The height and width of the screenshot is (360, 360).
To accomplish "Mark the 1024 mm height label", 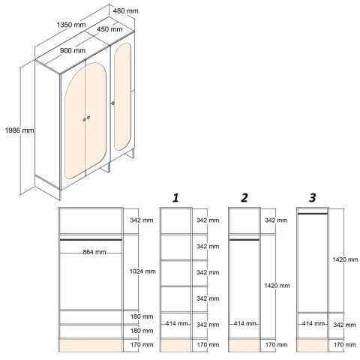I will point(141,271).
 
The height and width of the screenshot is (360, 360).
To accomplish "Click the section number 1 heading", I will point(175,198).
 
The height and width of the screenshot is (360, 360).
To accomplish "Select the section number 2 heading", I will point(244,198).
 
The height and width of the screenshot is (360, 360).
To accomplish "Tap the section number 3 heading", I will point(312,198).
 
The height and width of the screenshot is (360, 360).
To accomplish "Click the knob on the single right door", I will point(113,103).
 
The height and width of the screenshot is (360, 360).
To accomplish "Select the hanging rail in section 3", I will point(313,214).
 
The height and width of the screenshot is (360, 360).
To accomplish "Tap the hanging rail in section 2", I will point(244,240).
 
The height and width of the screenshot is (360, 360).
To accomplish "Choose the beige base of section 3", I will point(313,345).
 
